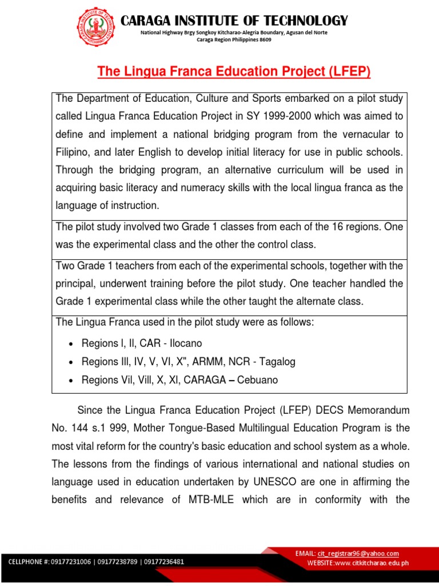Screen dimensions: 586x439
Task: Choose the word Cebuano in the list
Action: pos(257,380)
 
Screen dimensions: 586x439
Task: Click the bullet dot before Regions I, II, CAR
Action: pos(70,344)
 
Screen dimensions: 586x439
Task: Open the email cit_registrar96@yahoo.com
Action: pos(358,553)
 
